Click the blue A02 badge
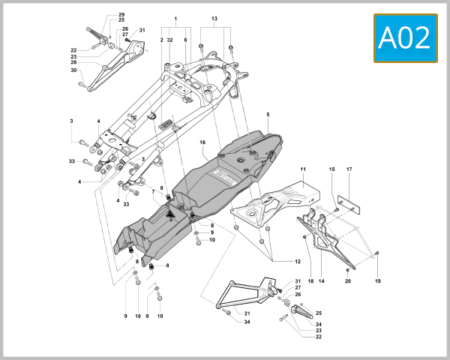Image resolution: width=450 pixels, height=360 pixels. (x=406, y=37)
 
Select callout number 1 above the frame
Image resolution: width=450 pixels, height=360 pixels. (x=175, y=18)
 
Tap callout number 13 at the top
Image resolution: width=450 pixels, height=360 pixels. (x=214, y=18)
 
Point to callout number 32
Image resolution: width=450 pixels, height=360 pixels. (x=170, y=39)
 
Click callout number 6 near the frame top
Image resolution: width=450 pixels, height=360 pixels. (x=185, y=39)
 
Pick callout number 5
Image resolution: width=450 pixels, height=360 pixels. (x=267, y=115)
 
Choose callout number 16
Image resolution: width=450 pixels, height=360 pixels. (x=202, y=142)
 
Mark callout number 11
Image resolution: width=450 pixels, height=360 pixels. (x=304, y=170)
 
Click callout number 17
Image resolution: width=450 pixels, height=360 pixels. (x=349, y=170)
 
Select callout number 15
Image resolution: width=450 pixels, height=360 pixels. (x=331, y=170)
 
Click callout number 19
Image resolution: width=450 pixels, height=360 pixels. (x=378, y=281)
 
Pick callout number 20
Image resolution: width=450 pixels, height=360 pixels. (x=347, y=281)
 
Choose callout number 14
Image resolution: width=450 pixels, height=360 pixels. (x=322, y=281)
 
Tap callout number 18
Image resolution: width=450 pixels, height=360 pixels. (x=310, y=281)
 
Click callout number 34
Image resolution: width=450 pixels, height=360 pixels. (x=247, y=322)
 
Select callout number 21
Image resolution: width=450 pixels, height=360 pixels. (x=247, y=312)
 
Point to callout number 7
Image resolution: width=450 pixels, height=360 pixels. (x=154, y=191)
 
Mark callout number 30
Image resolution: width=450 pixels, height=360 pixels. (x=74, y=71)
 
